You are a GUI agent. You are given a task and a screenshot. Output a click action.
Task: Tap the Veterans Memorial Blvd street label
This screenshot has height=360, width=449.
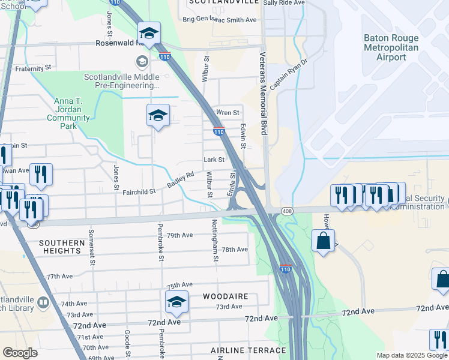tap(263, 92)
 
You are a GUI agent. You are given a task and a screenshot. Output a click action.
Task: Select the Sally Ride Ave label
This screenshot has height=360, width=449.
tap(285, 3)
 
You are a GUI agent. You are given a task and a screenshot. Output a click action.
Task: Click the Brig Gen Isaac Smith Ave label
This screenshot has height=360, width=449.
tap(219, 20)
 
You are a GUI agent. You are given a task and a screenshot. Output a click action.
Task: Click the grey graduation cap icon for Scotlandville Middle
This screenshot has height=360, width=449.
tap(142, 61)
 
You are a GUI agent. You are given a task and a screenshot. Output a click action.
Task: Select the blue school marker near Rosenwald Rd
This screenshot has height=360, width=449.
tap(149, 33)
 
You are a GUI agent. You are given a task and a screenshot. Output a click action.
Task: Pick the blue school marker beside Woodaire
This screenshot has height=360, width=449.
tap(176, 302)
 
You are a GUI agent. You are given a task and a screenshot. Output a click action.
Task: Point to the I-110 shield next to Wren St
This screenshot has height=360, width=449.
tap(218, 131)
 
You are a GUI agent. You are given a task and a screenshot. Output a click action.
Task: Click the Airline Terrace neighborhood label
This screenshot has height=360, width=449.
tap(248, 350)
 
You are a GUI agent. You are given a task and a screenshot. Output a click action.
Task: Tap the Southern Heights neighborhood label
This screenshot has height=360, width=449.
tap(62, 247)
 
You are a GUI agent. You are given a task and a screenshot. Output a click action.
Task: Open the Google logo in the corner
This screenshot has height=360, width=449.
tap(20, 353)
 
